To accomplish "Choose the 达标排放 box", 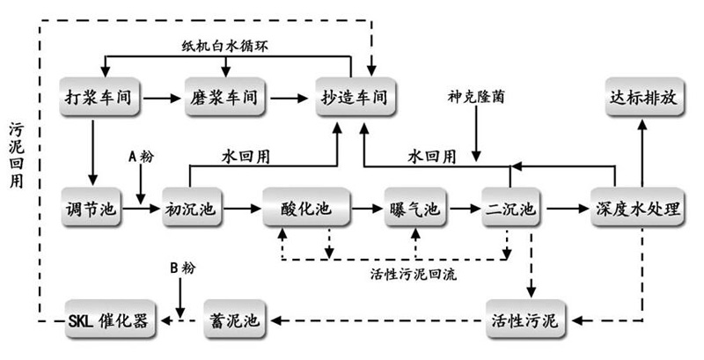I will tap(643, 98).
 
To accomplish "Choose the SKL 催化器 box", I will tap(111, 318).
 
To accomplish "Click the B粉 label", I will tap(183, 264).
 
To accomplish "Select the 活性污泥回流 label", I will tap(414, 274).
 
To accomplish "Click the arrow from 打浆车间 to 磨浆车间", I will tap(164, 98).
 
